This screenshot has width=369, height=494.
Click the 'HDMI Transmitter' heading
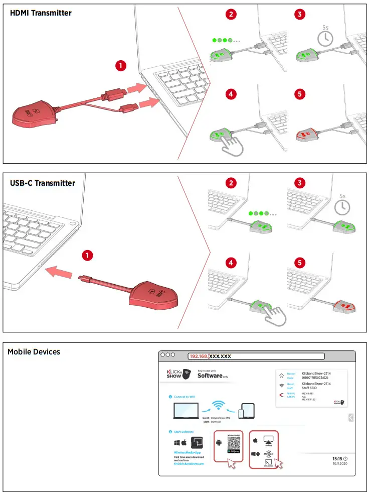point(41,13)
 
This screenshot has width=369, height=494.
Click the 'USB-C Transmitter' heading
point(43,183)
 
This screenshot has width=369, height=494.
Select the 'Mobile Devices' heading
point(34,352)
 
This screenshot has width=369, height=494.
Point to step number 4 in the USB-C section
point(231,263)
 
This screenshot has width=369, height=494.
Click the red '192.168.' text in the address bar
point(199,356)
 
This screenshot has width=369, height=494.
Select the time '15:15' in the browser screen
point(338,458)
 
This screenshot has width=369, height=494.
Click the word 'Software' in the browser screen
point(210,375)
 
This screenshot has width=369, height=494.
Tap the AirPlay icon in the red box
point(268,440)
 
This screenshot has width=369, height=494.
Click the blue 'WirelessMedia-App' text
point(187,452)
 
